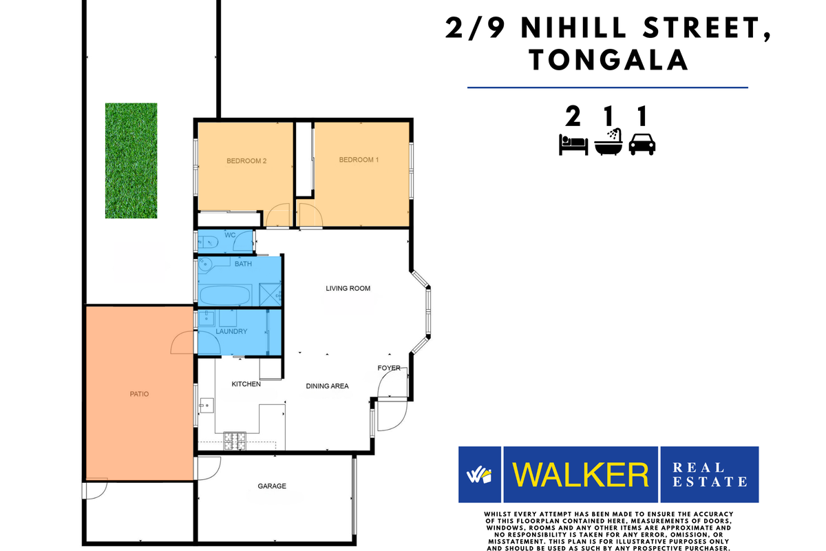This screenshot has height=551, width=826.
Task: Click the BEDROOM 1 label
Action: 359,160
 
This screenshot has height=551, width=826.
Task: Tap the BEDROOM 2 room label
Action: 246,161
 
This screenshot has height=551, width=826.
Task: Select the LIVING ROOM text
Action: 348,289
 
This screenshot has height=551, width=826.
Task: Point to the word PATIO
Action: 139,395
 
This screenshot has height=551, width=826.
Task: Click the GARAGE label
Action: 272,486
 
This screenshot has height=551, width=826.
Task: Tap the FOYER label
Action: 389,368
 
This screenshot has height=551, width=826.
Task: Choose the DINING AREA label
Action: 327,386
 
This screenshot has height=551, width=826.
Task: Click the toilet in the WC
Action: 209,241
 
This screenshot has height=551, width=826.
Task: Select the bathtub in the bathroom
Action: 225,294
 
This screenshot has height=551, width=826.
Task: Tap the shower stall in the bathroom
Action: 271,294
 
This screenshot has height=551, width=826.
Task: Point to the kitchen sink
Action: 204,405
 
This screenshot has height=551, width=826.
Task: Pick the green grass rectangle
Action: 131,160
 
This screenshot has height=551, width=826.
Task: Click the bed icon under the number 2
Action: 573,145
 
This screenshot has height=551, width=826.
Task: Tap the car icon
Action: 642,144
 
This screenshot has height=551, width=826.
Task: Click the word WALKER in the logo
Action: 581,475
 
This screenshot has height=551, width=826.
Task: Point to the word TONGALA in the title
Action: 608,60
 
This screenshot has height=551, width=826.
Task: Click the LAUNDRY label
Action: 231,332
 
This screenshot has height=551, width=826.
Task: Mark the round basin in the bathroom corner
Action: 206,264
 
